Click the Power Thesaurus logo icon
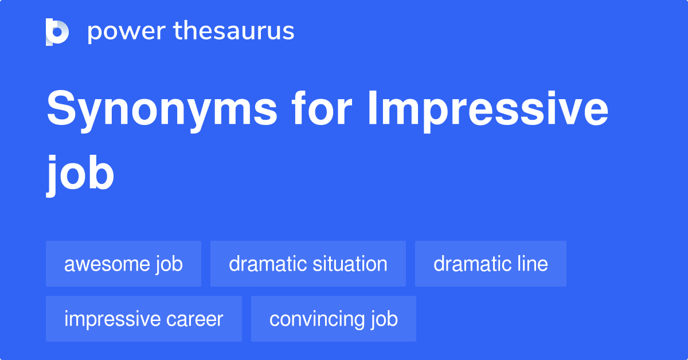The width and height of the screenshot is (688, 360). point(57,32)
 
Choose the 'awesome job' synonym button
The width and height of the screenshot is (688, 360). point(123,264)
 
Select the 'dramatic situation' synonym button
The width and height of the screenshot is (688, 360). point(308,264)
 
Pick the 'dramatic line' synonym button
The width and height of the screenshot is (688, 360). point(490,264)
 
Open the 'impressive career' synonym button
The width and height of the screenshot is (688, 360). point(143,319)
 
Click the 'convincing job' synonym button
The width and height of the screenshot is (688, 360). point(333,319)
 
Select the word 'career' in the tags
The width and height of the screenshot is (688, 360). point(195,319)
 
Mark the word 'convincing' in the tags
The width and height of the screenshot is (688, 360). point(314,319)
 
